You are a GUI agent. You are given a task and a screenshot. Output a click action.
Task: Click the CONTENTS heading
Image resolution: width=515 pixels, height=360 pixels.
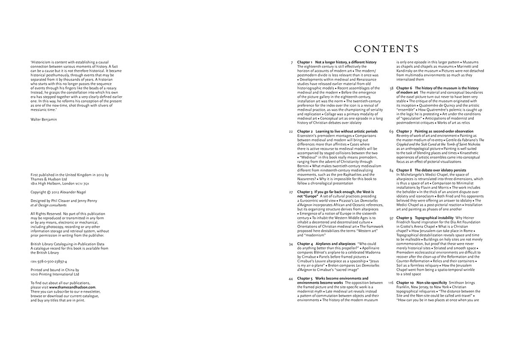(x=386, y=48)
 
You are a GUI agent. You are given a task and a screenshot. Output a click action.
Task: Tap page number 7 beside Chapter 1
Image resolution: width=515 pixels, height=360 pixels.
(x=292, y=63)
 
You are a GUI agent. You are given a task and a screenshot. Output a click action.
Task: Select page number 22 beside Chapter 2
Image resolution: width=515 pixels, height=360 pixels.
(x=291, y=131)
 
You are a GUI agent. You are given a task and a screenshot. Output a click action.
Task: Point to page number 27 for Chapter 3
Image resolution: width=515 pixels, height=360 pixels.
(x=291, y=192)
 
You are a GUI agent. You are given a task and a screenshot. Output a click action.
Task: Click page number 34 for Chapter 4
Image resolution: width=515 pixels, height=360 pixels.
(x=291, y=244)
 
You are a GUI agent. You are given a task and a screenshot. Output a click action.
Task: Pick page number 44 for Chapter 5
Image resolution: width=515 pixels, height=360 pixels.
(x=291, y=278)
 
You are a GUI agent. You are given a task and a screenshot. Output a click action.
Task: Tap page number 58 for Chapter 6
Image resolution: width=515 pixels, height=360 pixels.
(x=391, y=88)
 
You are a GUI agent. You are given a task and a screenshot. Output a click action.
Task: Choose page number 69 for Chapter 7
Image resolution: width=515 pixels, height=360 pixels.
(x=391, y=131)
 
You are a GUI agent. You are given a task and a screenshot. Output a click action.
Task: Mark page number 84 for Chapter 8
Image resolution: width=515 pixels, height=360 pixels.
(x=391, y=170)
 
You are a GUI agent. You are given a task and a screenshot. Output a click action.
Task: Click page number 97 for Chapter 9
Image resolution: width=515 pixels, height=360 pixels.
(x=391, y=218)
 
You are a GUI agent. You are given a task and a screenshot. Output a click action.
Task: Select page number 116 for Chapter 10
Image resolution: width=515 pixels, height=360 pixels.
(x=391, y=283)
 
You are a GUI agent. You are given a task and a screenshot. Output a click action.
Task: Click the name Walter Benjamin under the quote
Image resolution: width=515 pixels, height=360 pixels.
(x=43, y=119)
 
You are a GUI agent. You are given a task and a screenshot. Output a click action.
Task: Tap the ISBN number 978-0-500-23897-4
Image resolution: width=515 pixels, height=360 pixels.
(x=49, y=261)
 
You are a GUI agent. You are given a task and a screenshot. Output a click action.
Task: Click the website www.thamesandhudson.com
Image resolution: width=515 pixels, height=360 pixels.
(x=72, y=287)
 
